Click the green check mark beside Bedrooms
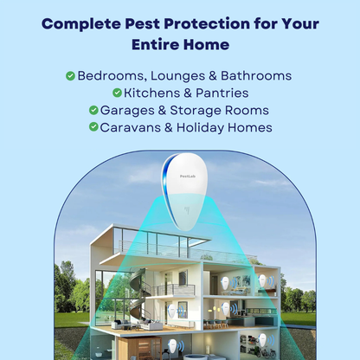tap(70, 75)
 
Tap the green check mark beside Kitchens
tap(117, 93)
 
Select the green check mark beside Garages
tap(93, 110)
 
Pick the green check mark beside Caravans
tap(93, 127)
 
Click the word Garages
tap(129, 110)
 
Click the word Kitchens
tap(153, 93)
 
